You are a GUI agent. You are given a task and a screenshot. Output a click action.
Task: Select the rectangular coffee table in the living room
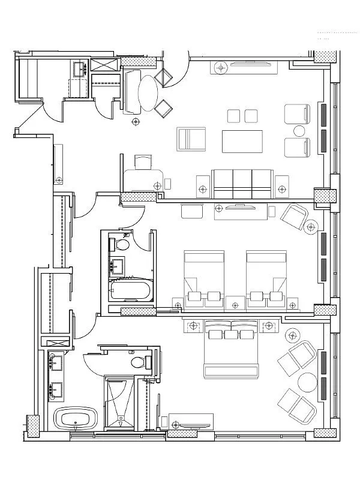(242, 142)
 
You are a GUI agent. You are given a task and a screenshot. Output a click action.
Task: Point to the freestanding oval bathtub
(76, 418)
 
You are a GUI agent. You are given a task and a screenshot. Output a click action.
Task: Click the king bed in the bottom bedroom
(232, 354)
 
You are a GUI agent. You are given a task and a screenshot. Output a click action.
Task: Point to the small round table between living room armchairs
(298, 130)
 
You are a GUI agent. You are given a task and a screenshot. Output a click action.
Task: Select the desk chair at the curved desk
(143, 161)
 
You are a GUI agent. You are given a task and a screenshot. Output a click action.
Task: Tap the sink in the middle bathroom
(116, 265)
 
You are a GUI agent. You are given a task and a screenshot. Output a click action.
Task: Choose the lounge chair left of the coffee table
(191, 140)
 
